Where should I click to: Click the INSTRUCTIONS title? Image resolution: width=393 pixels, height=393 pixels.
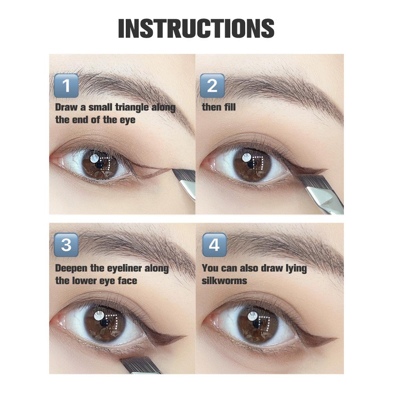click(x=196, y=28)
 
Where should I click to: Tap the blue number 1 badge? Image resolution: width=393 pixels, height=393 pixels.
click(x=66, y=85)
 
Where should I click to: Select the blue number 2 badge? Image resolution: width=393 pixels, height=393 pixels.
click(x=212, y=85)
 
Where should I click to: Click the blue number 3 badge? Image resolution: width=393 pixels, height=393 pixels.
click(x=66, y=245)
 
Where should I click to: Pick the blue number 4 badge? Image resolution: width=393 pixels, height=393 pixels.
click(x=214, y=245)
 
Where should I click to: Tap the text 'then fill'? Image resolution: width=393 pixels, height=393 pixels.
click(x=219, y=107)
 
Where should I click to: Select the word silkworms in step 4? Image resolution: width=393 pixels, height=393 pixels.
click(x=224, y=281)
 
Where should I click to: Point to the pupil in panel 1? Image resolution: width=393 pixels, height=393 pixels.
click(x=99, y=164)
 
